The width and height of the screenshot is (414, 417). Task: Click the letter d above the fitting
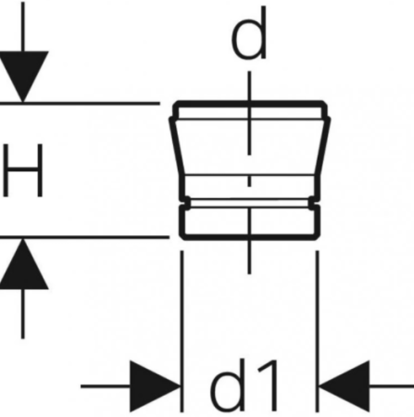tap(249, 34)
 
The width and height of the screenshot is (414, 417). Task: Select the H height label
tap(22, 171)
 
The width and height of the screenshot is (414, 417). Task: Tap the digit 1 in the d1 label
tap(270, 385)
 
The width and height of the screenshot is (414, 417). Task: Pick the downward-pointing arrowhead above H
tap(22, 76)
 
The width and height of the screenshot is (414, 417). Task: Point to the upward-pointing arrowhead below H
tap(22, 264)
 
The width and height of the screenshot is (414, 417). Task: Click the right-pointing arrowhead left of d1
tap(155, 386)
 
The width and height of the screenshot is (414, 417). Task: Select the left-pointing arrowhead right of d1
tap(344, 386)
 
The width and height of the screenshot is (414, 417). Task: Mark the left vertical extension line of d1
tap(182, 331)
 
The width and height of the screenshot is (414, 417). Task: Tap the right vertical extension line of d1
tap(317, 331)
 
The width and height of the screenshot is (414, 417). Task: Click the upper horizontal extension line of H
tap(80, 103)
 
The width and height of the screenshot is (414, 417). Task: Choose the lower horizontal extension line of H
tap(84, 237)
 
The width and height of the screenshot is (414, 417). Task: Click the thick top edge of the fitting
tap(250, 104)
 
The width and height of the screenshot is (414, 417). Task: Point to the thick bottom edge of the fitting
tap(250, 237)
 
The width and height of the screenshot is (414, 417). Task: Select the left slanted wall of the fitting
tap(177, 146)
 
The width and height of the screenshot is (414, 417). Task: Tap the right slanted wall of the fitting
tap(322, 146)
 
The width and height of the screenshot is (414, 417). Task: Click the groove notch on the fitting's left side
tap(186, 203)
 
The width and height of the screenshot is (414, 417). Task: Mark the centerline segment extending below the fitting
tap(249, 257)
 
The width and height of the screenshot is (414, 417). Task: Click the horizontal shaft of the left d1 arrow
tap(106, 386)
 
